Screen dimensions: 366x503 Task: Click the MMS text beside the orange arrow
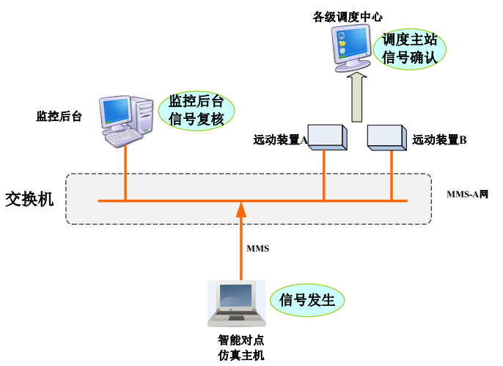257,249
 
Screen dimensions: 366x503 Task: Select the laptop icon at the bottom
235,304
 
